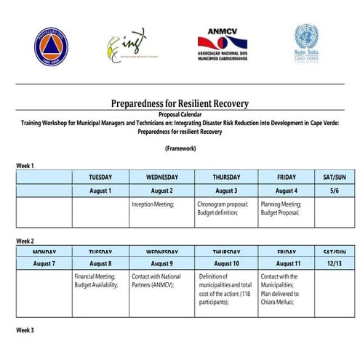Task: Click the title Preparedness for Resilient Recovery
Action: [180, 103]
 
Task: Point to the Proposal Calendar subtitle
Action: [180, 114]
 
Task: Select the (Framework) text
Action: [180, 149]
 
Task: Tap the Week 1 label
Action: [25, 166]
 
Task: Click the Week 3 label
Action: [25, 330]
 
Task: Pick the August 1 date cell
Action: [100, 191]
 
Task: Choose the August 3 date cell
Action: [226, 191]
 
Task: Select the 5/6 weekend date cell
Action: [334, 191]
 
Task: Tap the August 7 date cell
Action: [44, 263]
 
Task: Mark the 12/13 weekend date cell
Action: [334, 263]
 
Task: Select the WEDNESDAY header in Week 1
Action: [161, 177]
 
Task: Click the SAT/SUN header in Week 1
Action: [334, 177]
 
